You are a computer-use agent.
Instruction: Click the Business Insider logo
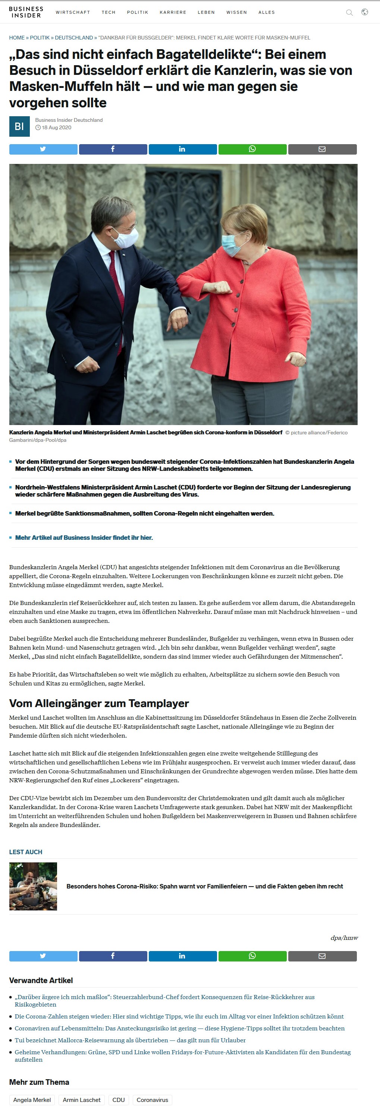click(26, 12)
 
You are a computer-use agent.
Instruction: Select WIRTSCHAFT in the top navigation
click(73, 13)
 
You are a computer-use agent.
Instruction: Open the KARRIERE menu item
click(173, 13)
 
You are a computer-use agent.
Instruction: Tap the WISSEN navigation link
click(236, 13)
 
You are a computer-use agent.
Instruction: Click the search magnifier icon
click(349, 13)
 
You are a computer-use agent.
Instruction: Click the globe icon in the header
click(364, 12)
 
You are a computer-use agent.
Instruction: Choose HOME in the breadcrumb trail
click(17, 38)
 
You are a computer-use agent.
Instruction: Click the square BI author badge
click(19, 127)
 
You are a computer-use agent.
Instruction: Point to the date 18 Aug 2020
click(56, 128)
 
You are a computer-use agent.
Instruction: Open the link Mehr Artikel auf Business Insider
click(84, 538)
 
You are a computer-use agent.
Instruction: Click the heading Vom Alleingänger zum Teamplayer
click(99, 703)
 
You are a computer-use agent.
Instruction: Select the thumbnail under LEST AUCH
click(33, 886)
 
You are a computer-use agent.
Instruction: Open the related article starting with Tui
click(130, 1040)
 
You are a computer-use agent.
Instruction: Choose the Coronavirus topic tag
click(152, 1100)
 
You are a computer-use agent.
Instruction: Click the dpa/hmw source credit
click(344, 938)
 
